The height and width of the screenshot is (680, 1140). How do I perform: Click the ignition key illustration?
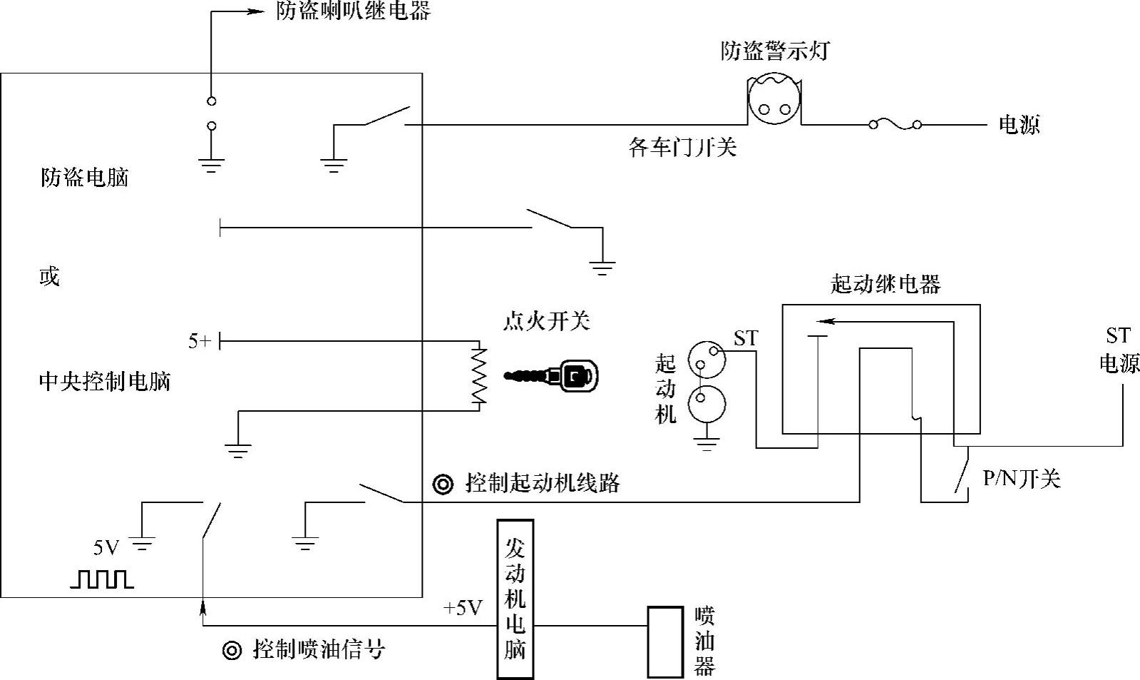coord(553,375)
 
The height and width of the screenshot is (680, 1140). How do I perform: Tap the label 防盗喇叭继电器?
coord(354,11)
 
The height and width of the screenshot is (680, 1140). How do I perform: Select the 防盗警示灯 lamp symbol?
coord(774,104)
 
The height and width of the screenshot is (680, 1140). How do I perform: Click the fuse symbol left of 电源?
coord(894,125)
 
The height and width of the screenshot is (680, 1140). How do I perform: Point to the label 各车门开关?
coord(682,147)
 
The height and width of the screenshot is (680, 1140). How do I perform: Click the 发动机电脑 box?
coord(515,599)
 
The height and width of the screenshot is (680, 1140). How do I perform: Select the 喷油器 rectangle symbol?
coord(664,641)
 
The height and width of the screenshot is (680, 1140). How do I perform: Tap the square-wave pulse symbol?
coord(102,579)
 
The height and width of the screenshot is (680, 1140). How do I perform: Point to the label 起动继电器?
coord(885,284)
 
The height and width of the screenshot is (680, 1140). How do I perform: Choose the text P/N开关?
coord(1022,478)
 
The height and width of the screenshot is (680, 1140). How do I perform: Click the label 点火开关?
coord(546,321)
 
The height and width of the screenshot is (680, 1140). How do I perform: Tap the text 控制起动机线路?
coord(543,483)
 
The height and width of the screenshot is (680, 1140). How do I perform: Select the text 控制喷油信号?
coord(319,649)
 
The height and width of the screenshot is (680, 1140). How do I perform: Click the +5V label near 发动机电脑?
coord(463,608)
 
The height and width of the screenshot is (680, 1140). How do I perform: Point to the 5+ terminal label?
coord(200,342)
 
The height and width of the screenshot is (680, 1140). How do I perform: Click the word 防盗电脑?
coord(84,177)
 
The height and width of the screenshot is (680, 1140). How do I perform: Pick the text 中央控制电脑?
coord(105,382)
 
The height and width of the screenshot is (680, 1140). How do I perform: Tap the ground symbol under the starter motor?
coord(707,446)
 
